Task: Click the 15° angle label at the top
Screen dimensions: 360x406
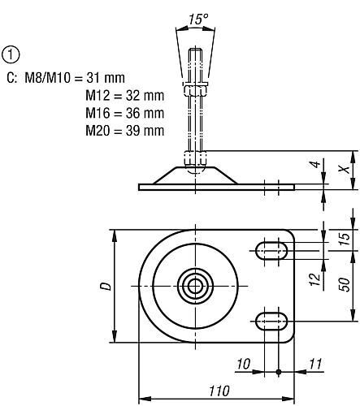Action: click(x=198, y=19)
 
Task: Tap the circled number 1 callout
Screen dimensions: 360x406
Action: click(x=11, y=54)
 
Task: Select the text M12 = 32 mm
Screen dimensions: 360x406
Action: click(x=125, y=96)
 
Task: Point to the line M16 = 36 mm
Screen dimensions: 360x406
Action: click(x=125, y=113)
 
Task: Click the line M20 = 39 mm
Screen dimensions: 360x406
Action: click(x=125, y=131)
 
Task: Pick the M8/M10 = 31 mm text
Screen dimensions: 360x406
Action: click(x=75, y=78)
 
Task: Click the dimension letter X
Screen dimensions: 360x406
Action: click(x=345, y=169)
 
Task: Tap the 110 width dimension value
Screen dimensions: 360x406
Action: click(x=219, y=391)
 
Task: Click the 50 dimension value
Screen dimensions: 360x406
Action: click(x=345, y=284)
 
